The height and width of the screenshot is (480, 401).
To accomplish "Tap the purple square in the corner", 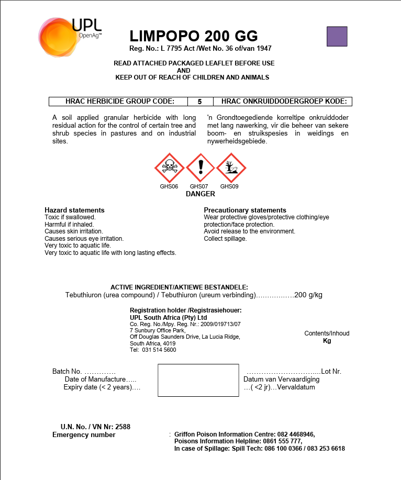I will click(x=337, y=36).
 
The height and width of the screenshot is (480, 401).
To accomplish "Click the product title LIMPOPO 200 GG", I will click(x=194, y=36).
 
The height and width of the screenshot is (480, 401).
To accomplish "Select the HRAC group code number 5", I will click(x=199, y=102).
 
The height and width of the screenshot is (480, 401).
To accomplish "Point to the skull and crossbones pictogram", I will click(x=169, y=168).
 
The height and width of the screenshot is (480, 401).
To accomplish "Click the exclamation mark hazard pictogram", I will click(x=200, y=168).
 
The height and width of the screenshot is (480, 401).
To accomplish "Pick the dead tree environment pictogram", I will click(x=231, y=168).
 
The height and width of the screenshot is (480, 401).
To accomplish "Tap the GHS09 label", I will click(x=229, y=186).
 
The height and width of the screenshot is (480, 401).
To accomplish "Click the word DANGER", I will click(x=200, y=194).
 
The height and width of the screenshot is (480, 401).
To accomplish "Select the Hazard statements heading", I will click(x=74, y=210).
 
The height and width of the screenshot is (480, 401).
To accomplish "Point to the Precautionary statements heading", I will click(x=245, y=210).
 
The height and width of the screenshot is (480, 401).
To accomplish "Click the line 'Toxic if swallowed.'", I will click(x=70, y=217).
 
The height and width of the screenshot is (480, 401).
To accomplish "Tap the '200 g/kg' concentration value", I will click(x=308, y=295).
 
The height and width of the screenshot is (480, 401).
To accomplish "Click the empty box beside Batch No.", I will click(x=198, y=380).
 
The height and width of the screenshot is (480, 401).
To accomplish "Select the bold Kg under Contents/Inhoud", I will click(x=327, y=341).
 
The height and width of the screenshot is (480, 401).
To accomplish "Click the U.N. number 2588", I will click(x=122, y=427).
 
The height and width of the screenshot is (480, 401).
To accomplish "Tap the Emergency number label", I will click(x=84, y=434).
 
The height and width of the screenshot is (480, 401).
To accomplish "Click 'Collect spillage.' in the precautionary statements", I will click(x=225, y=239).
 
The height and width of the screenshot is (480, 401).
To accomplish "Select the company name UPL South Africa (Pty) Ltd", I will click(x=168, y=317).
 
